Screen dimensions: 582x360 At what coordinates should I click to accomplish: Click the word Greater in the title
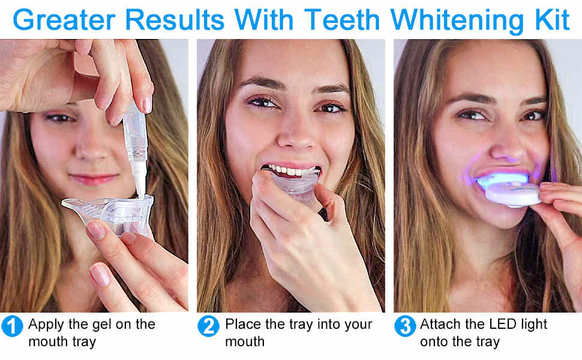[64, 19]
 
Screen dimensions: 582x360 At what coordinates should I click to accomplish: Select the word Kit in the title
[552, 19]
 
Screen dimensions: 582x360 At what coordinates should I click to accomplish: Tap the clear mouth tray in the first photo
[110, 214]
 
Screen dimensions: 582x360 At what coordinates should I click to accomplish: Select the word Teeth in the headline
[342, 19]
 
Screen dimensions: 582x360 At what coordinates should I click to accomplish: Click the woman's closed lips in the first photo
[93, 179]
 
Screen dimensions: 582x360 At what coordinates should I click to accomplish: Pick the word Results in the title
[175, 19]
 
